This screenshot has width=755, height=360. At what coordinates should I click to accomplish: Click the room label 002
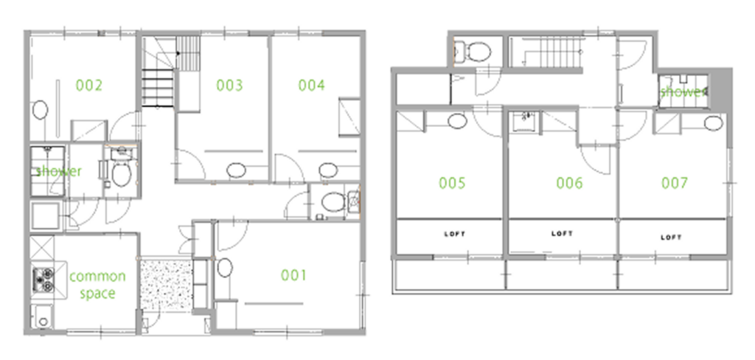tap(89, 86)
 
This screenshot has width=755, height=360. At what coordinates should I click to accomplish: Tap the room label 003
tap(229, 86)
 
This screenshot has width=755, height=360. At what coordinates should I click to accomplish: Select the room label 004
tap(312, 86)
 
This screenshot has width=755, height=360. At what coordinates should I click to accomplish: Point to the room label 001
tap(293, 275)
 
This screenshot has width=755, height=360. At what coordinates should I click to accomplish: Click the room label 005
tap(452, 183)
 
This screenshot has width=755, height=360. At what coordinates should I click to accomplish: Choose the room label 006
tap(570, 183)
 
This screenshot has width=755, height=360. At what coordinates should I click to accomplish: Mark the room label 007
tap(675, 183)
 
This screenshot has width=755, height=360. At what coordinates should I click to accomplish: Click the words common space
tap(97, 285)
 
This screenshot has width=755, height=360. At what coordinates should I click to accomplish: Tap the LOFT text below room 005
tap(454, 235)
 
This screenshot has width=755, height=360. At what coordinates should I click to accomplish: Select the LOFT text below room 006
tap(562, 234)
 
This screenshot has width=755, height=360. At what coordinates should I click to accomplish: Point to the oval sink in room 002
tap(40, 110)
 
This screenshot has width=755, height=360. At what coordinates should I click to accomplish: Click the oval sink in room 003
tap(236, 170)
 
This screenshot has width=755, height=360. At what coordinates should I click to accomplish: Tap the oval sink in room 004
tap(328, 170)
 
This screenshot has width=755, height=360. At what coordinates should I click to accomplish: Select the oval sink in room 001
tap(225, 268)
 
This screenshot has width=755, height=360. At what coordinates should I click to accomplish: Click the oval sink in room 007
tap(713, 123)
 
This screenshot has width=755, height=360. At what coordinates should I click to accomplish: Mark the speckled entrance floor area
tap(166, 284)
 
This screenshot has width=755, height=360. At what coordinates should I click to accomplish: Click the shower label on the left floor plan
tap(58, 171)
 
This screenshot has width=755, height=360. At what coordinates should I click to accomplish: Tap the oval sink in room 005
tap(457, 121)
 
